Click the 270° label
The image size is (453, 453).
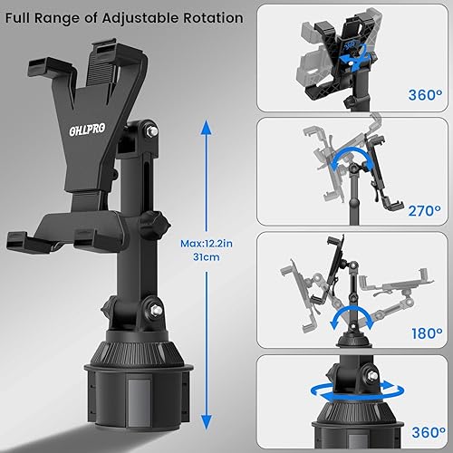pyautogui.click(x=422, y=210)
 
